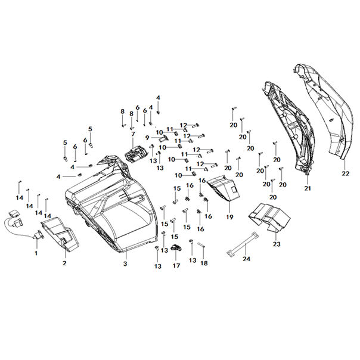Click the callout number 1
36,253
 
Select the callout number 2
64,262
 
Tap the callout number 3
125,263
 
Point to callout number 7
133,135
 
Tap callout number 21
308,188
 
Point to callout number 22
345,173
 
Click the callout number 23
276,244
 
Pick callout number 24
246,259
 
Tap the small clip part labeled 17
176,248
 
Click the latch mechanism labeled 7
136,153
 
